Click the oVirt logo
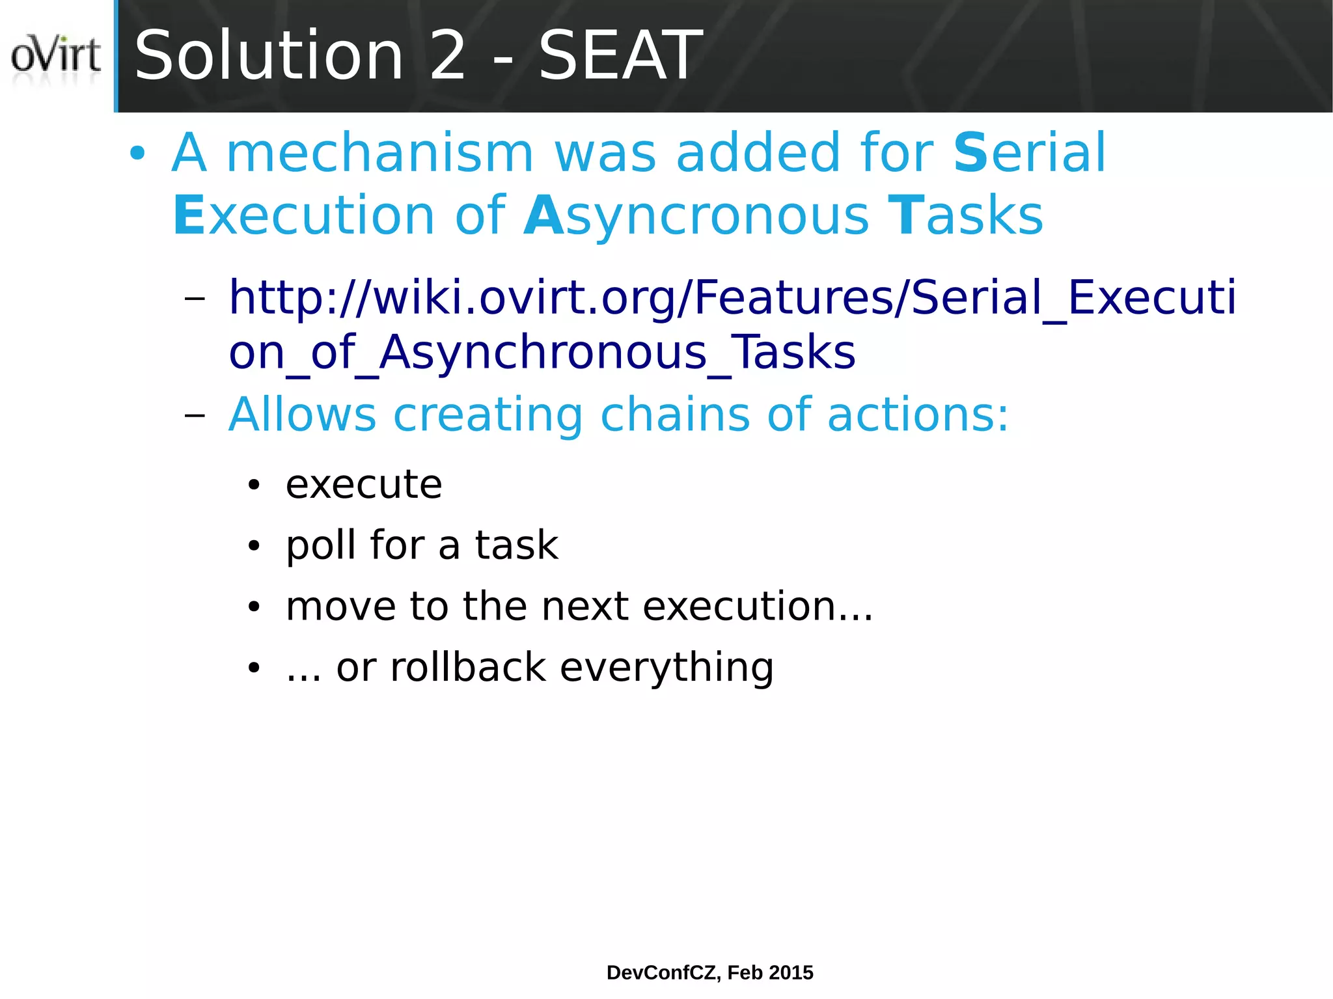tap(56, 56)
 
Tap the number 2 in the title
tap(448, 57)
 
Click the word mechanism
tap(379, 153)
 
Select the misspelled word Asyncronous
tap(696, 217)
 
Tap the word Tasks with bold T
tap(966, 215)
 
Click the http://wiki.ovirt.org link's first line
tap(732, 297)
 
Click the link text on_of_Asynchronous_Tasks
tap(542, 353)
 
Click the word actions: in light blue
tap(918, 415)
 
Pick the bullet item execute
tap(364, 485)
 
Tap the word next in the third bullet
tap(584, 607)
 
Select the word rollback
tap(468, 668)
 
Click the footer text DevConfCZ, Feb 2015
tap(709, 972)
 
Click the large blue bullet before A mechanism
tap(137, 154)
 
